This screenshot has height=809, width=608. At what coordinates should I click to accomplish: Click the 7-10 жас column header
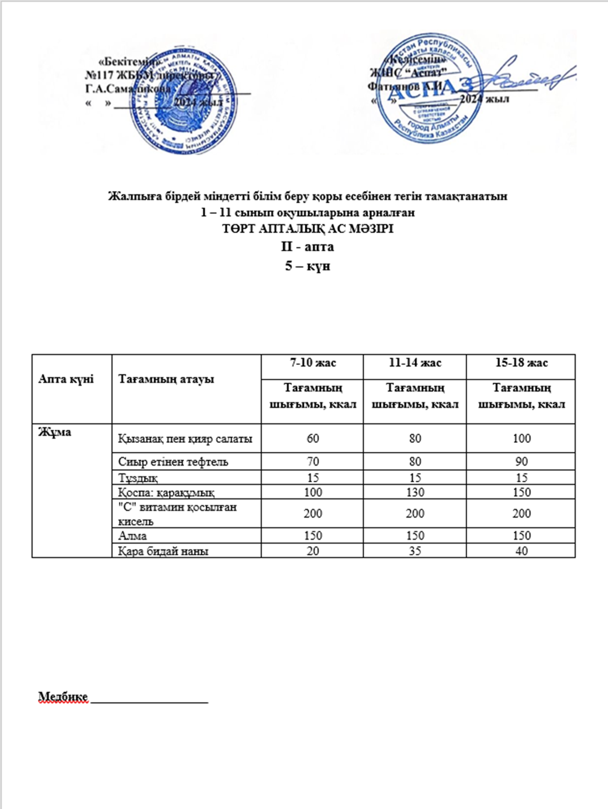tap(313, 363)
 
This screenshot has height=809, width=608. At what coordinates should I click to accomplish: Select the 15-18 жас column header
tap(521, 363)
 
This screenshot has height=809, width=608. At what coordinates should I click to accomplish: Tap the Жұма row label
tap(54, 432)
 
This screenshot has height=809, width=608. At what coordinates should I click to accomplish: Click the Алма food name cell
tap(132, 535)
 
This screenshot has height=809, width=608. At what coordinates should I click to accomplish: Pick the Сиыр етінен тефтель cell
tap(173, 461)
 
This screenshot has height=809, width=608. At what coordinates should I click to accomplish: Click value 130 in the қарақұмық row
tap(415, 492)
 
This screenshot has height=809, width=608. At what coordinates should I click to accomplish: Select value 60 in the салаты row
tap(313, 439)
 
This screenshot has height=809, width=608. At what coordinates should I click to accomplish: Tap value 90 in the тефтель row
tap(521, 461)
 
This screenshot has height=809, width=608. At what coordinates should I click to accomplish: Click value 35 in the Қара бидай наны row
tap(415, 551)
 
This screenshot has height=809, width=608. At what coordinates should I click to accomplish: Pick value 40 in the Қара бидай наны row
tap(521, 551)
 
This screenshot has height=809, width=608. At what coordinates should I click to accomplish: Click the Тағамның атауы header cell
tap(166, 379)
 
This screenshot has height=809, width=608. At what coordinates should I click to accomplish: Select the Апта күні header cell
tap(66, 379)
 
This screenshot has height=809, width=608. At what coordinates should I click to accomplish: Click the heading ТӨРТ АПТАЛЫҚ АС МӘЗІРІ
tap(308, 229)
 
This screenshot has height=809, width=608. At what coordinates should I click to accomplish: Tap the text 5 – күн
tap(308, 265)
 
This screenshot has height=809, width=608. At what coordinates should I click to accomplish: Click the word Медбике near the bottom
tap(63, 697)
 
